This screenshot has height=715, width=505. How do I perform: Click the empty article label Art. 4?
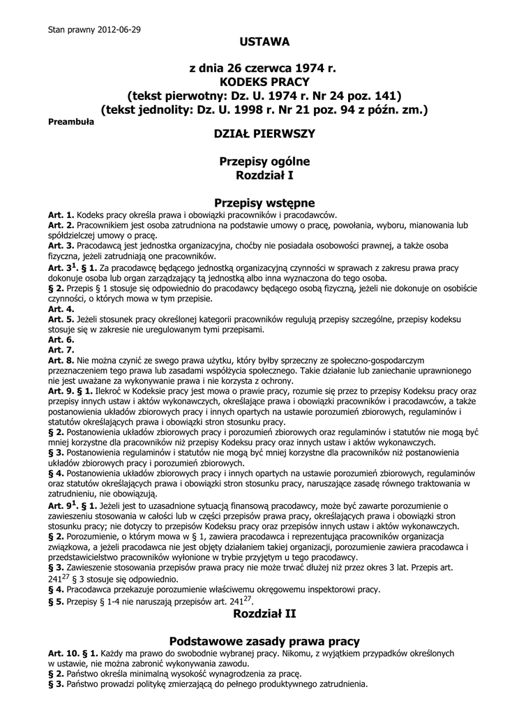[61, 309]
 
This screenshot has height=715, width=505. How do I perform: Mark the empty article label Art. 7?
[61, 349]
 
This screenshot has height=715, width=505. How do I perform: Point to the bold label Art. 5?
[61, 319]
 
